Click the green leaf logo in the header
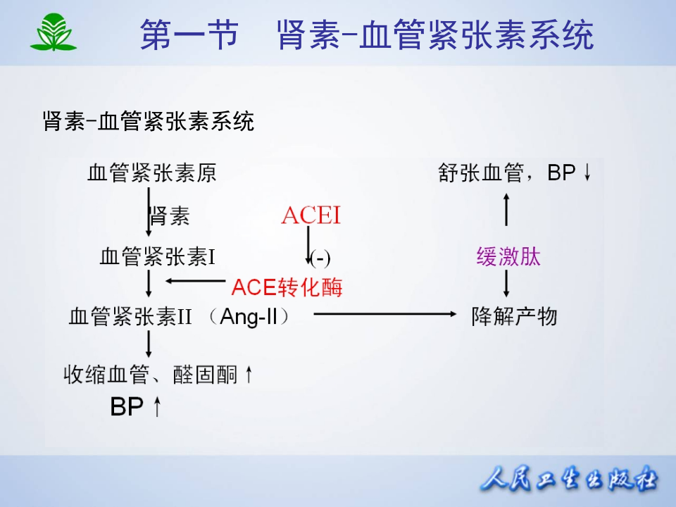point(53,33)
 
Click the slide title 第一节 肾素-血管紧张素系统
point(366,35)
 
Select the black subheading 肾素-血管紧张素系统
point(148,122)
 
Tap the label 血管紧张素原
point(151,173)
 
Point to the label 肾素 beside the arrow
point(170,215)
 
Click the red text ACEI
point(311,215)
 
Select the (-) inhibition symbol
point(320,258)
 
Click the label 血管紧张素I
point(157,258)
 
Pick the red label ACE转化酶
point(287,287)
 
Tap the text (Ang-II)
point(250,317)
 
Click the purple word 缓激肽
point(508,257)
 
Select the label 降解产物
point(514,317)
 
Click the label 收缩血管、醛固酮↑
point(158,374)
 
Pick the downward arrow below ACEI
point(308,246)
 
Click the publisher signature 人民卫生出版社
point(569,480)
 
